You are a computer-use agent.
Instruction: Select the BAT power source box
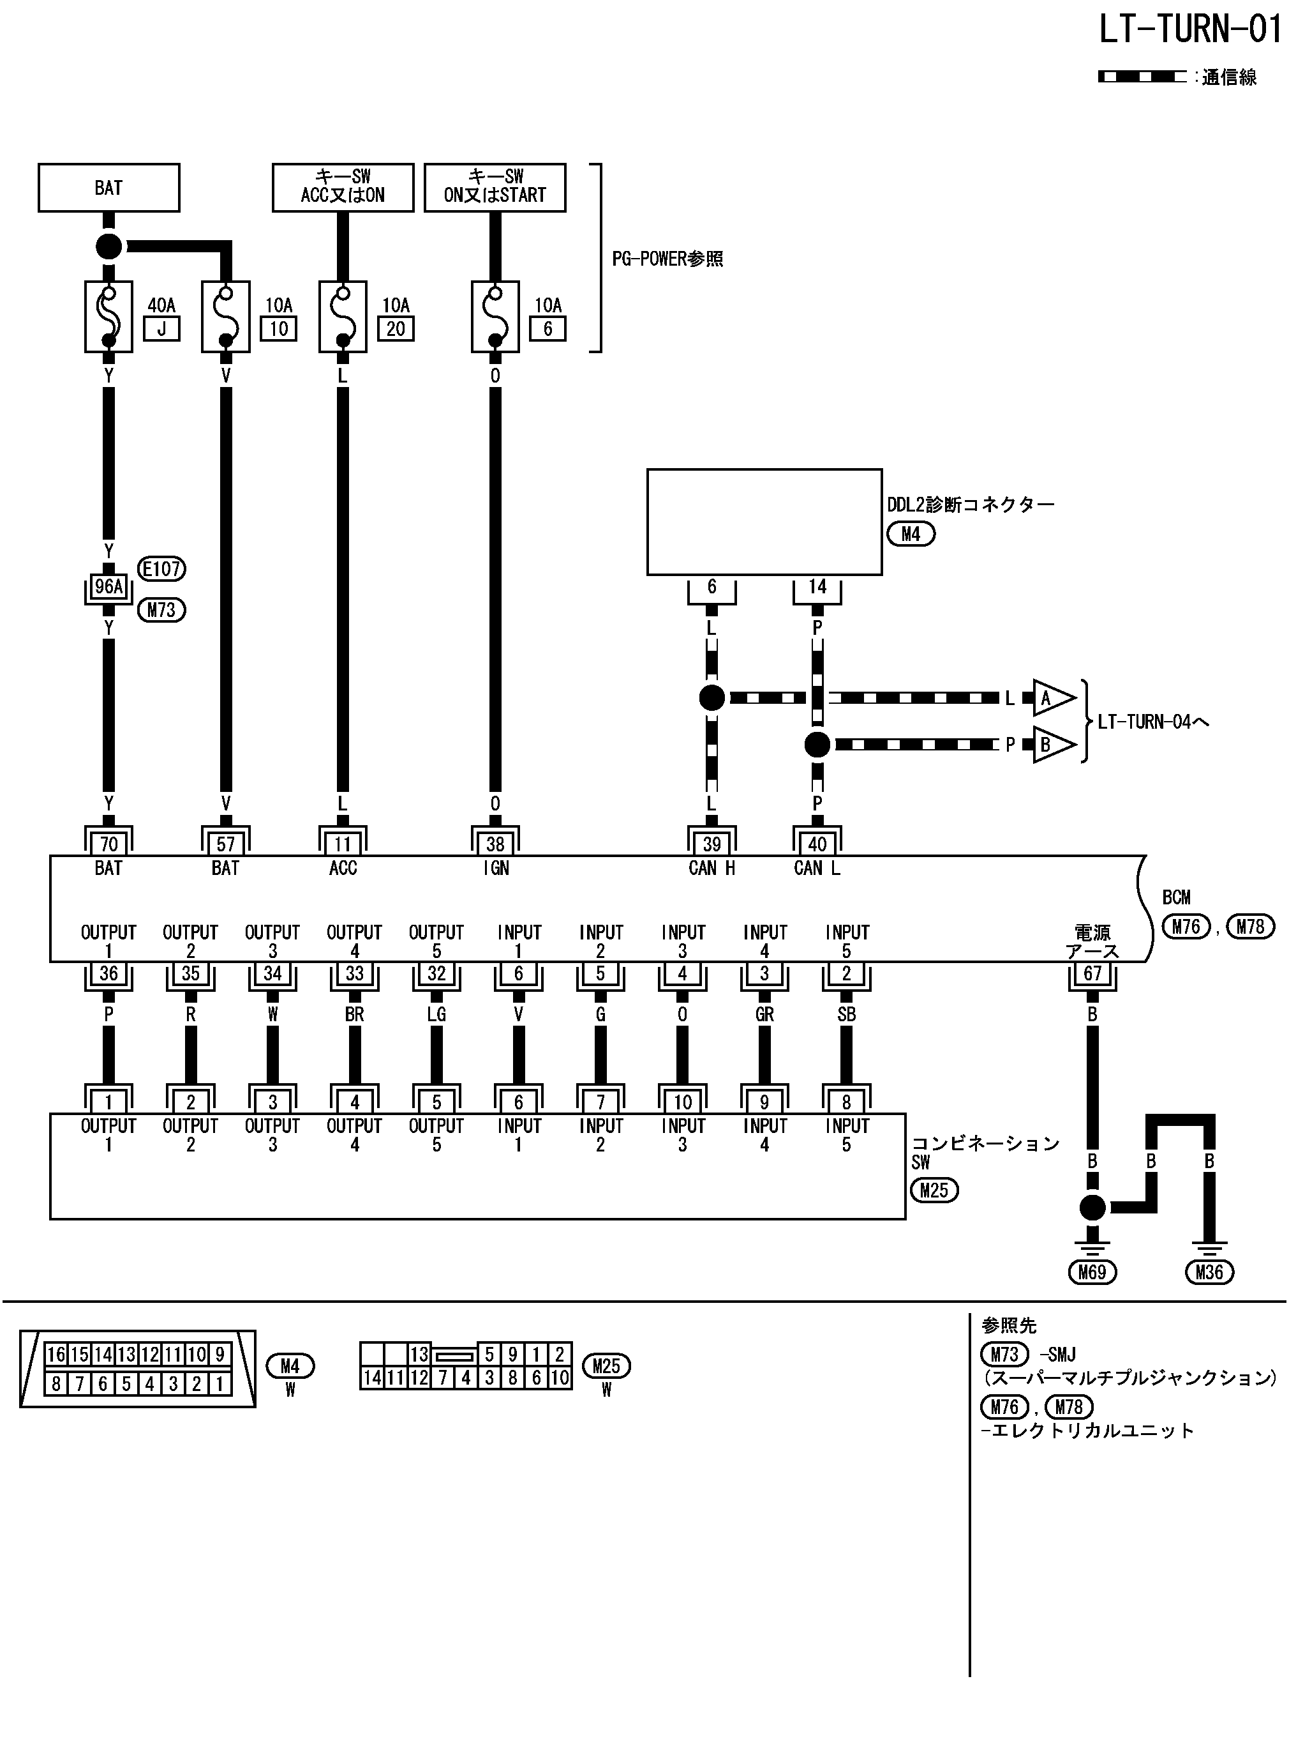(108, 187)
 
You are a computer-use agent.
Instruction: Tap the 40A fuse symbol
(108, 317)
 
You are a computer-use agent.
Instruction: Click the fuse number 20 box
(396, 329)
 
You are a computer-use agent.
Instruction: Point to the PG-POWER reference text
(667, 259)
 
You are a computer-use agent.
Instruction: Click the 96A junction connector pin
(108, 586)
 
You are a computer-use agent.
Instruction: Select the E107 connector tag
(161, 568)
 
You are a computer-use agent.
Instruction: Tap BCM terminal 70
(108, 843)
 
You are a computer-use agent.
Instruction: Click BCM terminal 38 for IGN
(495, 843)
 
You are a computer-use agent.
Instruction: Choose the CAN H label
(712, 868)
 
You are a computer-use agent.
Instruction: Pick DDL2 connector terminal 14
(817, 587)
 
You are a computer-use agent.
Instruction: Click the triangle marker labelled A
(1050, 698)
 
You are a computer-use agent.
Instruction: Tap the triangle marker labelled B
(1050, 745)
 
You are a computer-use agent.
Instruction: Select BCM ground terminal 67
(1092, 973)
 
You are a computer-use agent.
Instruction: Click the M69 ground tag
(1092, 1273)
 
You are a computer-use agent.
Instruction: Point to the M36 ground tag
(1209, 1273)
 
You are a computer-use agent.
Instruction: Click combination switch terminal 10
(683, 1102)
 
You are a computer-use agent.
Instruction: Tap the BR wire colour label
(354, 1014)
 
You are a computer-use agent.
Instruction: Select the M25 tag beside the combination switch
(934, 1190)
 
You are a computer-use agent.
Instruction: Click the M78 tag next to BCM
(1251, 927)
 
